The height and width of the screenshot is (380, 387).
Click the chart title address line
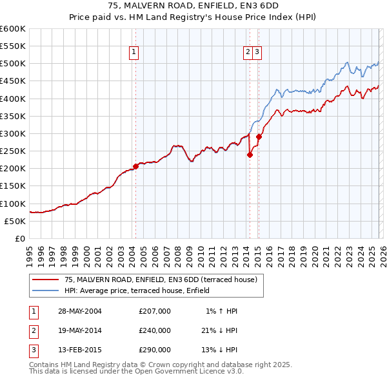(x=193, y=6)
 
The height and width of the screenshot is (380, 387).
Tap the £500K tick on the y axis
(x=13, y=64)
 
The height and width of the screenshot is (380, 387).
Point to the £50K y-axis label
(x=15, y=221)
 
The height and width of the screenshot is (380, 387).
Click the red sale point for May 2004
(x=135, y=166)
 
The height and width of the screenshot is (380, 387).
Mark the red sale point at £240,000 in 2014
(x=250, y=155)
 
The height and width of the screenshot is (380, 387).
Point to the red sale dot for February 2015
(x=259, y=137)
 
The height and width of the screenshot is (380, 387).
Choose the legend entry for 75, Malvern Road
(x=161, y=280)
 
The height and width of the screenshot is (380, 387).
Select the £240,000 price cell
(x=155, y=330)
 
